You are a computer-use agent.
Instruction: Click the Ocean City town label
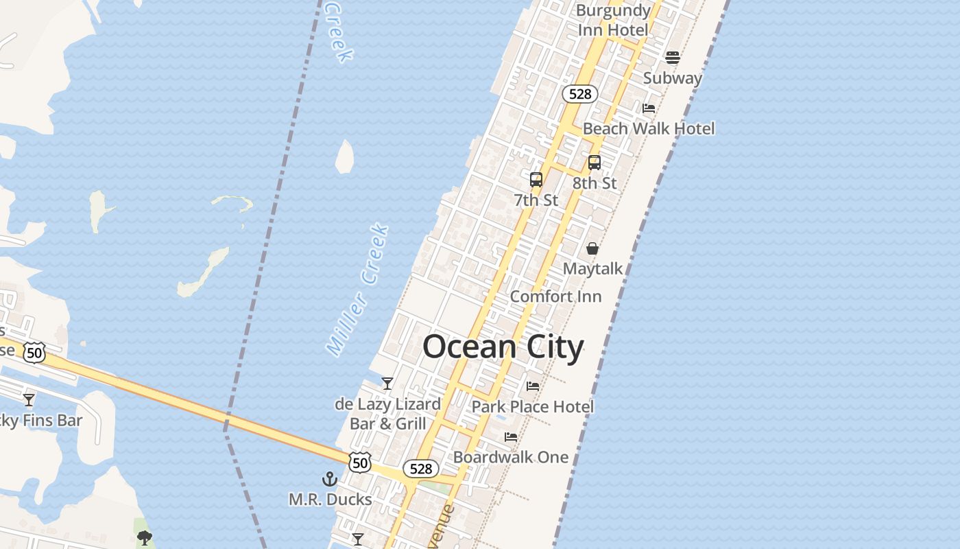503,347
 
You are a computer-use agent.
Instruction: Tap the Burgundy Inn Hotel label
613,21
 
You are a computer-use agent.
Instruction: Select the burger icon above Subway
672,58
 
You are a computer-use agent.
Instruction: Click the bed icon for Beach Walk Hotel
648,108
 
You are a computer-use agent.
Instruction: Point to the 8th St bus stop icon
594,163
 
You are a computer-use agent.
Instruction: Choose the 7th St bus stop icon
536,180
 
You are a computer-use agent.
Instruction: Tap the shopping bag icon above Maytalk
592,248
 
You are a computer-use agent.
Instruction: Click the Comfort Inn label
555,296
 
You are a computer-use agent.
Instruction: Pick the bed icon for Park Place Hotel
533,386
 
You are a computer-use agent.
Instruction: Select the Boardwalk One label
511,457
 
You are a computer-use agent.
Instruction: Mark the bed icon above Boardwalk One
511,437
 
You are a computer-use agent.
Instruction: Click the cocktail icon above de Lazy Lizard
387,384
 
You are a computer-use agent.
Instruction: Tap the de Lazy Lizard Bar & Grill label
387,414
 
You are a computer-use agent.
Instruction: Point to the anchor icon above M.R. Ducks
330,479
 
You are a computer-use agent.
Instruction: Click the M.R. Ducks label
330,500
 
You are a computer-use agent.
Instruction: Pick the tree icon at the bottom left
144,537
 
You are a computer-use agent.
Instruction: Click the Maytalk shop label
592,269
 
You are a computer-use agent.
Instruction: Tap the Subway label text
672,78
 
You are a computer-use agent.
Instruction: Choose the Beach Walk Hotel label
648,129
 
